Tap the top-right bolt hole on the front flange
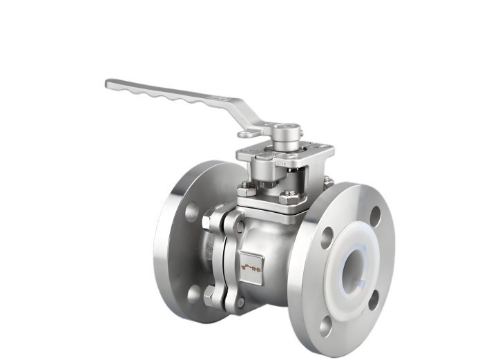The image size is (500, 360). click(376, 216)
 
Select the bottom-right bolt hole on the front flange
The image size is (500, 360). click(373, 300)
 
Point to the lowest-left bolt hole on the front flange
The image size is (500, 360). click(325, 323)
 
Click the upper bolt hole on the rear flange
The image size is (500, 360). click(191, 211)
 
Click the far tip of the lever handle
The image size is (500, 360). click(110, 84)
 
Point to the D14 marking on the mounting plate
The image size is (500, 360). click(282, 164)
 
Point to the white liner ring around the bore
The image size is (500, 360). click(345, 269)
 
